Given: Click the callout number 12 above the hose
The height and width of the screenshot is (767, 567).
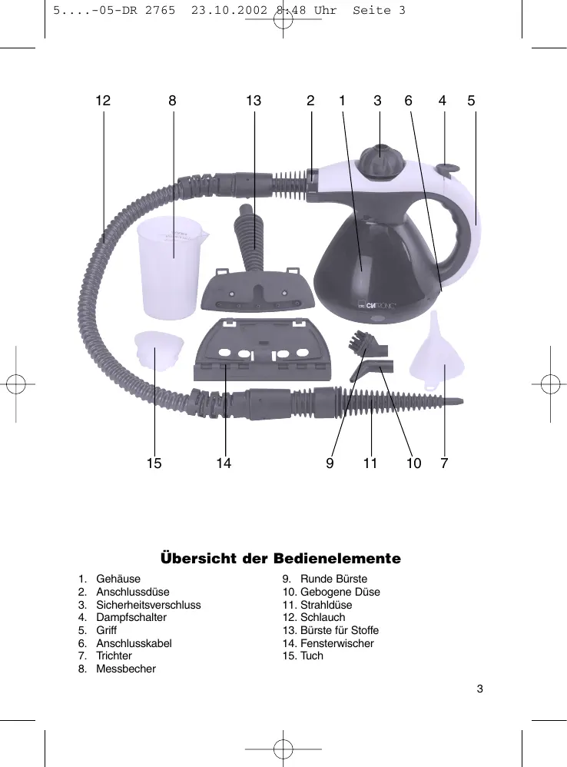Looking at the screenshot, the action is tap(103, 101).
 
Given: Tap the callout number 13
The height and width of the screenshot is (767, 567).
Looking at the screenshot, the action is tap(254, 101).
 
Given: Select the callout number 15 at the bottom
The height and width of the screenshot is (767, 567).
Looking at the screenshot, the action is tap(154, 463).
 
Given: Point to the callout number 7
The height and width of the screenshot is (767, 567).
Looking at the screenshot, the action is tap(444, 463).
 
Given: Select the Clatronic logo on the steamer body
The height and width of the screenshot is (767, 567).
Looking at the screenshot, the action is tap(376, 307).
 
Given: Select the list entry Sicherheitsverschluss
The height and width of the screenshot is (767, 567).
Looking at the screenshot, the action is tap(148, 605).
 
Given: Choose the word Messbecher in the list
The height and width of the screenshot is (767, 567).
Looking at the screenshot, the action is tap(126, 669).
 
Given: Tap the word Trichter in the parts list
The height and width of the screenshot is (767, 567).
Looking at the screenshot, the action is tap(114, 656).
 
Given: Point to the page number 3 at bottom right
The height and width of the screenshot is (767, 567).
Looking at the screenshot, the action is tap(479, 688).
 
